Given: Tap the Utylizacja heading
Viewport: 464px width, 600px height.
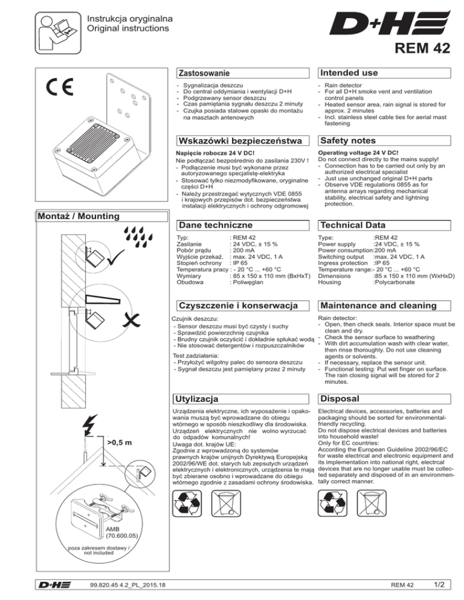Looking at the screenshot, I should (195, 400).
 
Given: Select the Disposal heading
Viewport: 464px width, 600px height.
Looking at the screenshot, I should (341, 399).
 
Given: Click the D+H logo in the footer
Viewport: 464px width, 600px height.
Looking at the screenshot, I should (52, 584).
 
